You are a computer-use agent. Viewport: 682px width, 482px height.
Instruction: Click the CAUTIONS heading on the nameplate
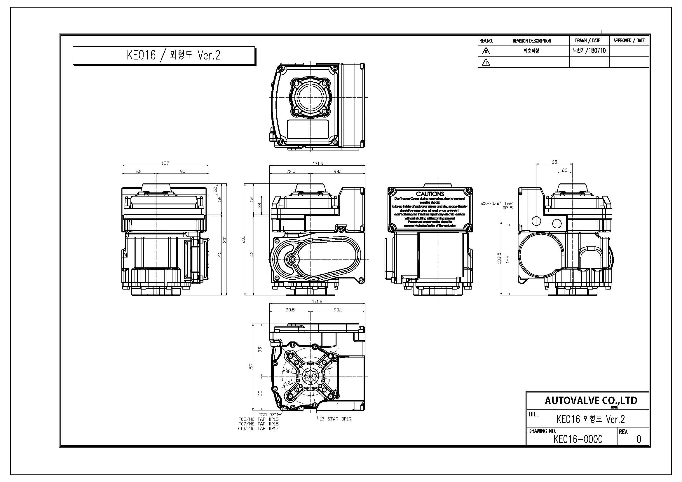pos(430,194)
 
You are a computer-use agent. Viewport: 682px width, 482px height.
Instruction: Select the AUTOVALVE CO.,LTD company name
pos(591,401)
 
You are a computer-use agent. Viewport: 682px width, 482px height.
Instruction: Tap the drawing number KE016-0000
pos(578,439)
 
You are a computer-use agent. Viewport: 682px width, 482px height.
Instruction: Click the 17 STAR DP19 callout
pos(335,419)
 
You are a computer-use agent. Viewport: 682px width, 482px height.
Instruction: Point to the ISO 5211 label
pos(268,415)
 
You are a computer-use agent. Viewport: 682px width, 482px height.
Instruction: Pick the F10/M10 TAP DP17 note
pos(258,429)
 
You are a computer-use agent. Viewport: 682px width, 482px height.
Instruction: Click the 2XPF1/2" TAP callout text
pos(497,203)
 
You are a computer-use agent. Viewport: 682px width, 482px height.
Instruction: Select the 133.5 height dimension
pos(499,258)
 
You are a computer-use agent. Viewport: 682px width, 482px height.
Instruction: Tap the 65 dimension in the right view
pos(554,162)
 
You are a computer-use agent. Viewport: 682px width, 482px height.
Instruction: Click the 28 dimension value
pos(565,170)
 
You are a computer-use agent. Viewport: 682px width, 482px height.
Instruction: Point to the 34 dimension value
pos(260,205)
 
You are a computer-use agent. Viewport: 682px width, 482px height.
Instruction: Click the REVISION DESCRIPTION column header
pos(532,41)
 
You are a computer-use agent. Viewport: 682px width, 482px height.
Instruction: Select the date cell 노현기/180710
pos(589,50)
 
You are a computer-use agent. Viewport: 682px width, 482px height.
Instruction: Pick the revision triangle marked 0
pos(486,51)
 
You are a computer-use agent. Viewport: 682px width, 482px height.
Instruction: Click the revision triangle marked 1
pos(486,62)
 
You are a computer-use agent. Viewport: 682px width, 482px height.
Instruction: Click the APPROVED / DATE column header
pos(629,41)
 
